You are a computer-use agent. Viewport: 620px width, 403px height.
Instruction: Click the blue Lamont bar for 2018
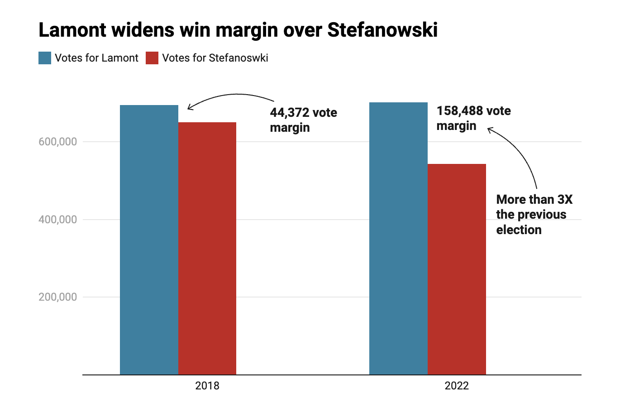coord(149,240)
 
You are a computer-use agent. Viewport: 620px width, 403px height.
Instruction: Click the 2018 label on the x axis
coord(207,386)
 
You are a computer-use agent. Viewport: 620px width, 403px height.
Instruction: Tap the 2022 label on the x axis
coord(457,386)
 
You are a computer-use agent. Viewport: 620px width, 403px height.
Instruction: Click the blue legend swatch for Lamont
coord(45,58)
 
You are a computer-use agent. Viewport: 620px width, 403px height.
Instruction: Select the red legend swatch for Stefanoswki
coord(152,58)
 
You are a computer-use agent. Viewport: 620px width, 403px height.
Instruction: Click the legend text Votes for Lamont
coord(96,58)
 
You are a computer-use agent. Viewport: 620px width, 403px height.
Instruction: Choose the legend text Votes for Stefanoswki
coord(215,58)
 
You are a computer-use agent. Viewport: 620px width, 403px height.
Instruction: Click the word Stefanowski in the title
coord(382,30)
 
